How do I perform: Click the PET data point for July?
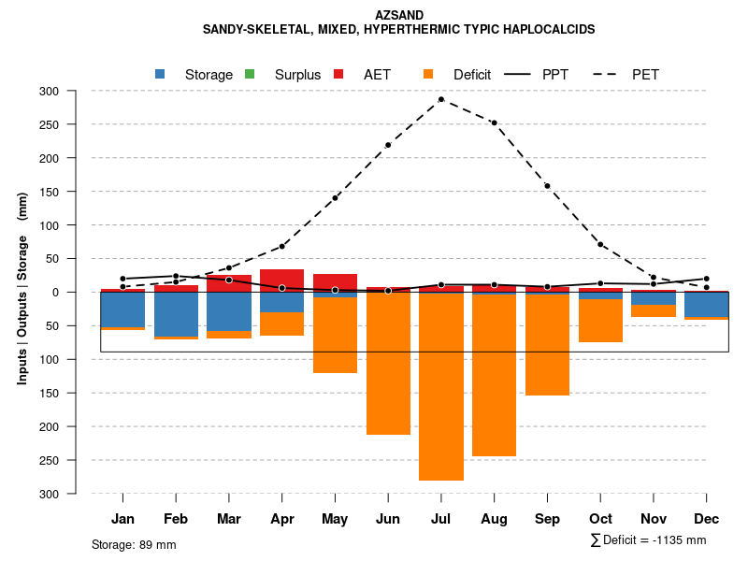tap(441, 99)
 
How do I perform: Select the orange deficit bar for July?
tap(441, 383)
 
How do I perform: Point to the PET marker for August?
tap(494, 122)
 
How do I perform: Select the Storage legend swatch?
tap(161, 74)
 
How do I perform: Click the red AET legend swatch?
tap(338, 74)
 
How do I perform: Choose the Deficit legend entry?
tap(471, 75)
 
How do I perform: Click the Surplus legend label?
tap(297, 75)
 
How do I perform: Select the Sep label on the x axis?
tap(547, 519)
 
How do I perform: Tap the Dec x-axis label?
tap(707, 519)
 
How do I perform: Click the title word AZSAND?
tap(399, 15)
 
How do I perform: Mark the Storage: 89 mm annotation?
tap(134, 544)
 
